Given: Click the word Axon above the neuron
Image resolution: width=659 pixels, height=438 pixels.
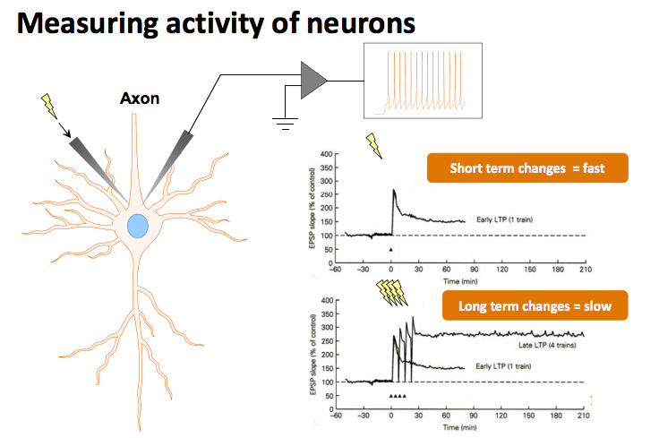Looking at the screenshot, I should tap(140, 98).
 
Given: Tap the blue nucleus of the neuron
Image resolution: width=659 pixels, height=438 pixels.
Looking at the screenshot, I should tap(138, 225).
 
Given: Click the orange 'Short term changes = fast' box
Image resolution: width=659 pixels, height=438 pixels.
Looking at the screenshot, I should tap(526, 168).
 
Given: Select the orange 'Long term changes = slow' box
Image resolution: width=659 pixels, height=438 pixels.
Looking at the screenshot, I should tap(535, 306).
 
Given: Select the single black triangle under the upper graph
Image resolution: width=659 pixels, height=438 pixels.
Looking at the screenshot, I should tap(391, 249).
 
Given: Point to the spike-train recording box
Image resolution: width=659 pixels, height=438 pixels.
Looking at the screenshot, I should tap(425, 82).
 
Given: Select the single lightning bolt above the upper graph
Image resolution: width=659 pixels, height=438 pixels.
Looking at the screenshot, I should tap(372, 145).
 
